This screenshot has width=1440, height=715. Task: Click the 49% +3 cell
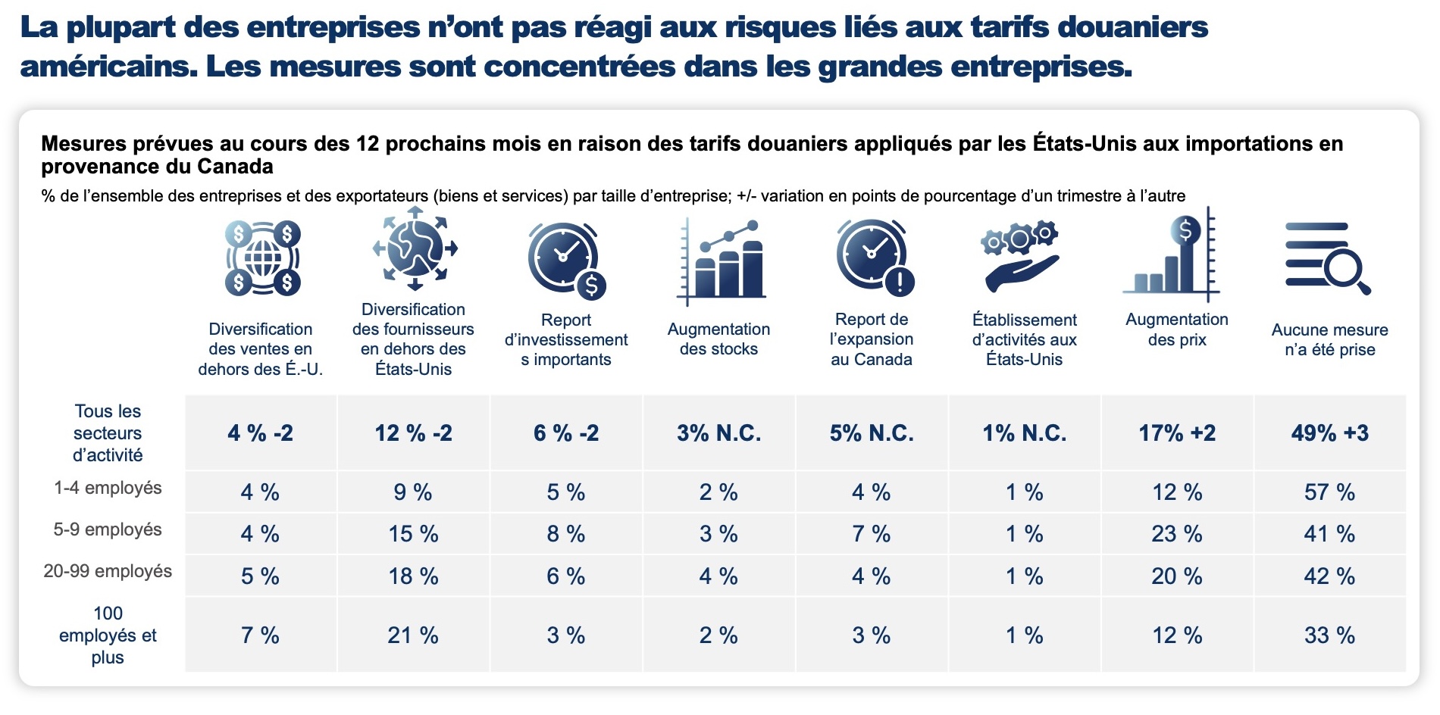pos(1329,433)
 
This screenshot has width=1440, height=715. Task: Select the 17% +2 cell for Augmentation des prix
pos(1177,433)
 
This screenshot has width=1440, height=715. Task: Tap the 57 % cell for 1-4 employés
pos(1329,492)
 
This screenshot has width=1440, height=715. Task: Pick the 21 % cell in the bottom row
pos(413,635)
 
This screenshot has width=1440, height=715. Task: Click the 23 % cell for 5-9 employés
pos(1177,534)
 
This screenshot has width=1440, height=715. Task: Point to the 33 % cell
pos(1329,635)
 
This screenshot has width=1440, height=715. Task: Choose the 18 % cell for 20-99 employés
pos(413,576)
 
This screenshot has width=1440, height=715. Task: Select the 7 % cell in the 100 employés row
pos(260,635)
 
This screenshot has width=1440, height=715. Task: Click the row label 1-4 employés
pos(108,488)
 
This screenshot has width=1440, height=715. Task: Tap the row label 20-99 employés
pos(108,571)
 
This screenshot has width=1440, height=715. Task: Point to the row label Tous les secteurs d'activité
pos(108,433)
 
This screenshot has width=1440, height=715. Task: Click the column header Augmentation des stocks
pos(718,339)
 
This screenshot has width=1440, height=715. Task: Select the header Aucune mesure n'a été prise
pos(1329,339)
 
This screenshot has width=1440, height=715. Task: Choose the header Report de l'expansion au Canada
pos(872,339)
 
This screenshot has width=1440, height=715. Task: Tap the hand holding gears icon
pos(1022,258)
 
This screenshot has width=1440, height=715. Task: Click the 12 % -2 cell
pos(413,433)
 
